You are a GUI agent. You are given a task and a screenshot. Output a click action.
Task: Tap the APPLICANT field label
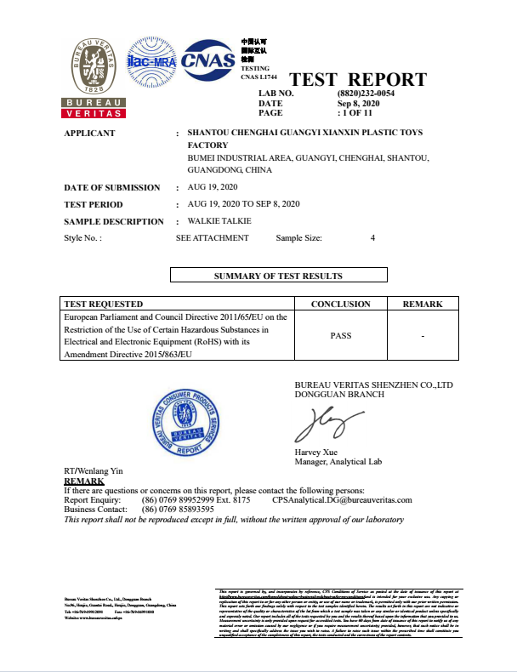89,134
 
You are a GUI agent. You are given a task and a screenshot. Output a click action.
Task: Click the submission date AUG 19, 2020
212,187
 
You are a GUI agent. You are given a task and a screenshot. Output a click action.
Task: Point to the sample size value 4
372,238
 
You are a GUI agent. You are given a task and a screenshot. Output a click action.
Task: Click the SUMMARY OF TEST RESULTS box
278,276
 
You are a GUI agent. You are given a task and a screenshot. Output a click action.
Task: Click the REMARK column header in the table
422,304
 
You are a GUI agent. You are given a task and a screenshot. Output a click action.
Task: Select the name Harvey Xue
316,453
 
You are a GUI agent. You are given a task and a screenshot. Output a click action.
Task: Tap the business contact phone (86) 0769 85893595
178,510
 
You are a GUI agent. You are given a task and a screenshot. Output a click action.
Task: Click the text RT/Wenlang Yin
94,470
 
